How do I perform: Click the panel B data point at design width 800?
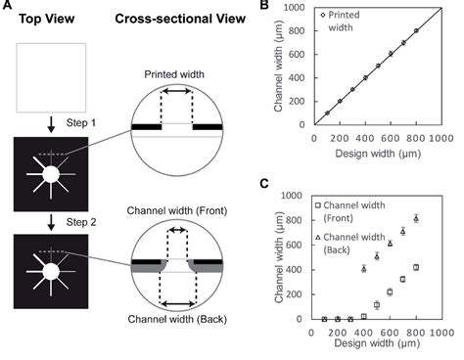pyautogui.click(x=415, y=30)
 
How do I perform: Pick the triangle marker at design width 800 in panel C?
pyautogui.click(x=415, y=218)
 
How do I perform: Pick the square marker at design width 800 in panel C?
pyautogui.click(x=415, y=267)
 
